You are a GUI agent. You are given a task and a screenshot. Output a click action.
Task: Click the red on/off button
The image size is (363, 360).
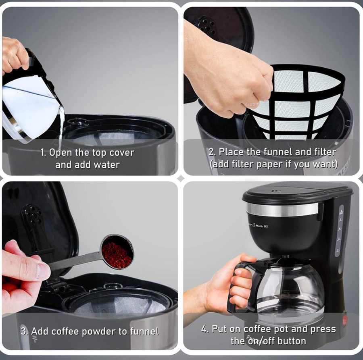tap(345, 320)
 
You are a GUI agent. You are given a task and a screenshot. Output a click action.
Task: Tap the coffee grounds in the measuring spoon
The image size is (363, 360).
tap(118, 255)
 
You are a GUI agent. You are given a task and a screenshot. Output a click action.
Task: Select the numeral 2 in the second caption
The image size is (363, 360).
tap(211, 152)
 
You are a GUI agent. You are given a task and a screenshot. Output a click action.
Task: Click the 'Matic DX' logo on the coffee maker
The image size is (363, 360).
tap(262, 226)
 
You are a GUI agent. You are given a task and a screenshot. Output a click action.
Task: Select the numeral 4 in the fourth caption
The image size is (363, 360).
tap(204, 329)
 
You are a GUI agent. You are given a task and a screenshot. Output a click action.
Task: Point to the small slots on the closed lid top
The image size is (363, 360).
tap(276, 191)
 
